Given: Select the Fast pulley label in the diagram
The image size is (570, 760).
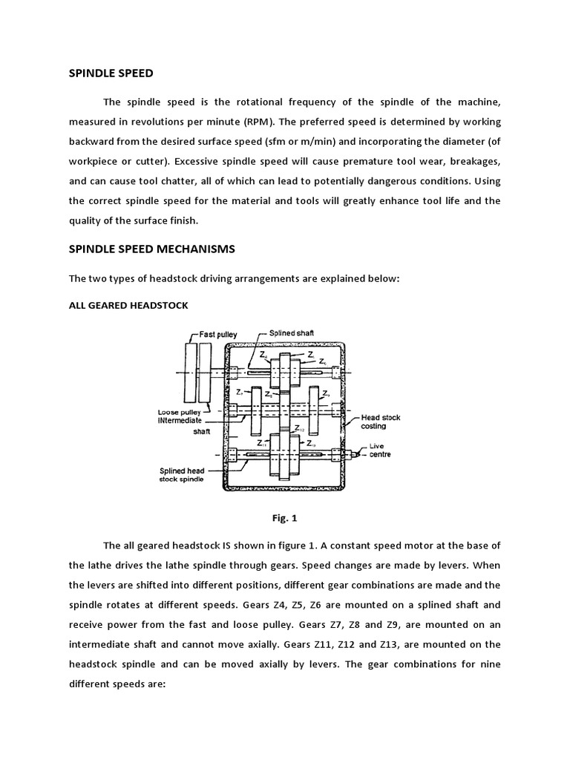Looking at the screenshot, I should click(218, 335).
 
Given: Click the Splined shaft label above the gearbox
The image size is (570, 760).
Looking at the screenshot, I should click(291, 333).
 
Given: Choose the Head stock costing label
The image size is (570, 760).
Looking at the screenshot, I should click(381, 422).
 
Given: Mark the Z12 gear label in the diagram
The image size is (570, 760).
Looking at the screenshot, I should click(299, 428).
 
